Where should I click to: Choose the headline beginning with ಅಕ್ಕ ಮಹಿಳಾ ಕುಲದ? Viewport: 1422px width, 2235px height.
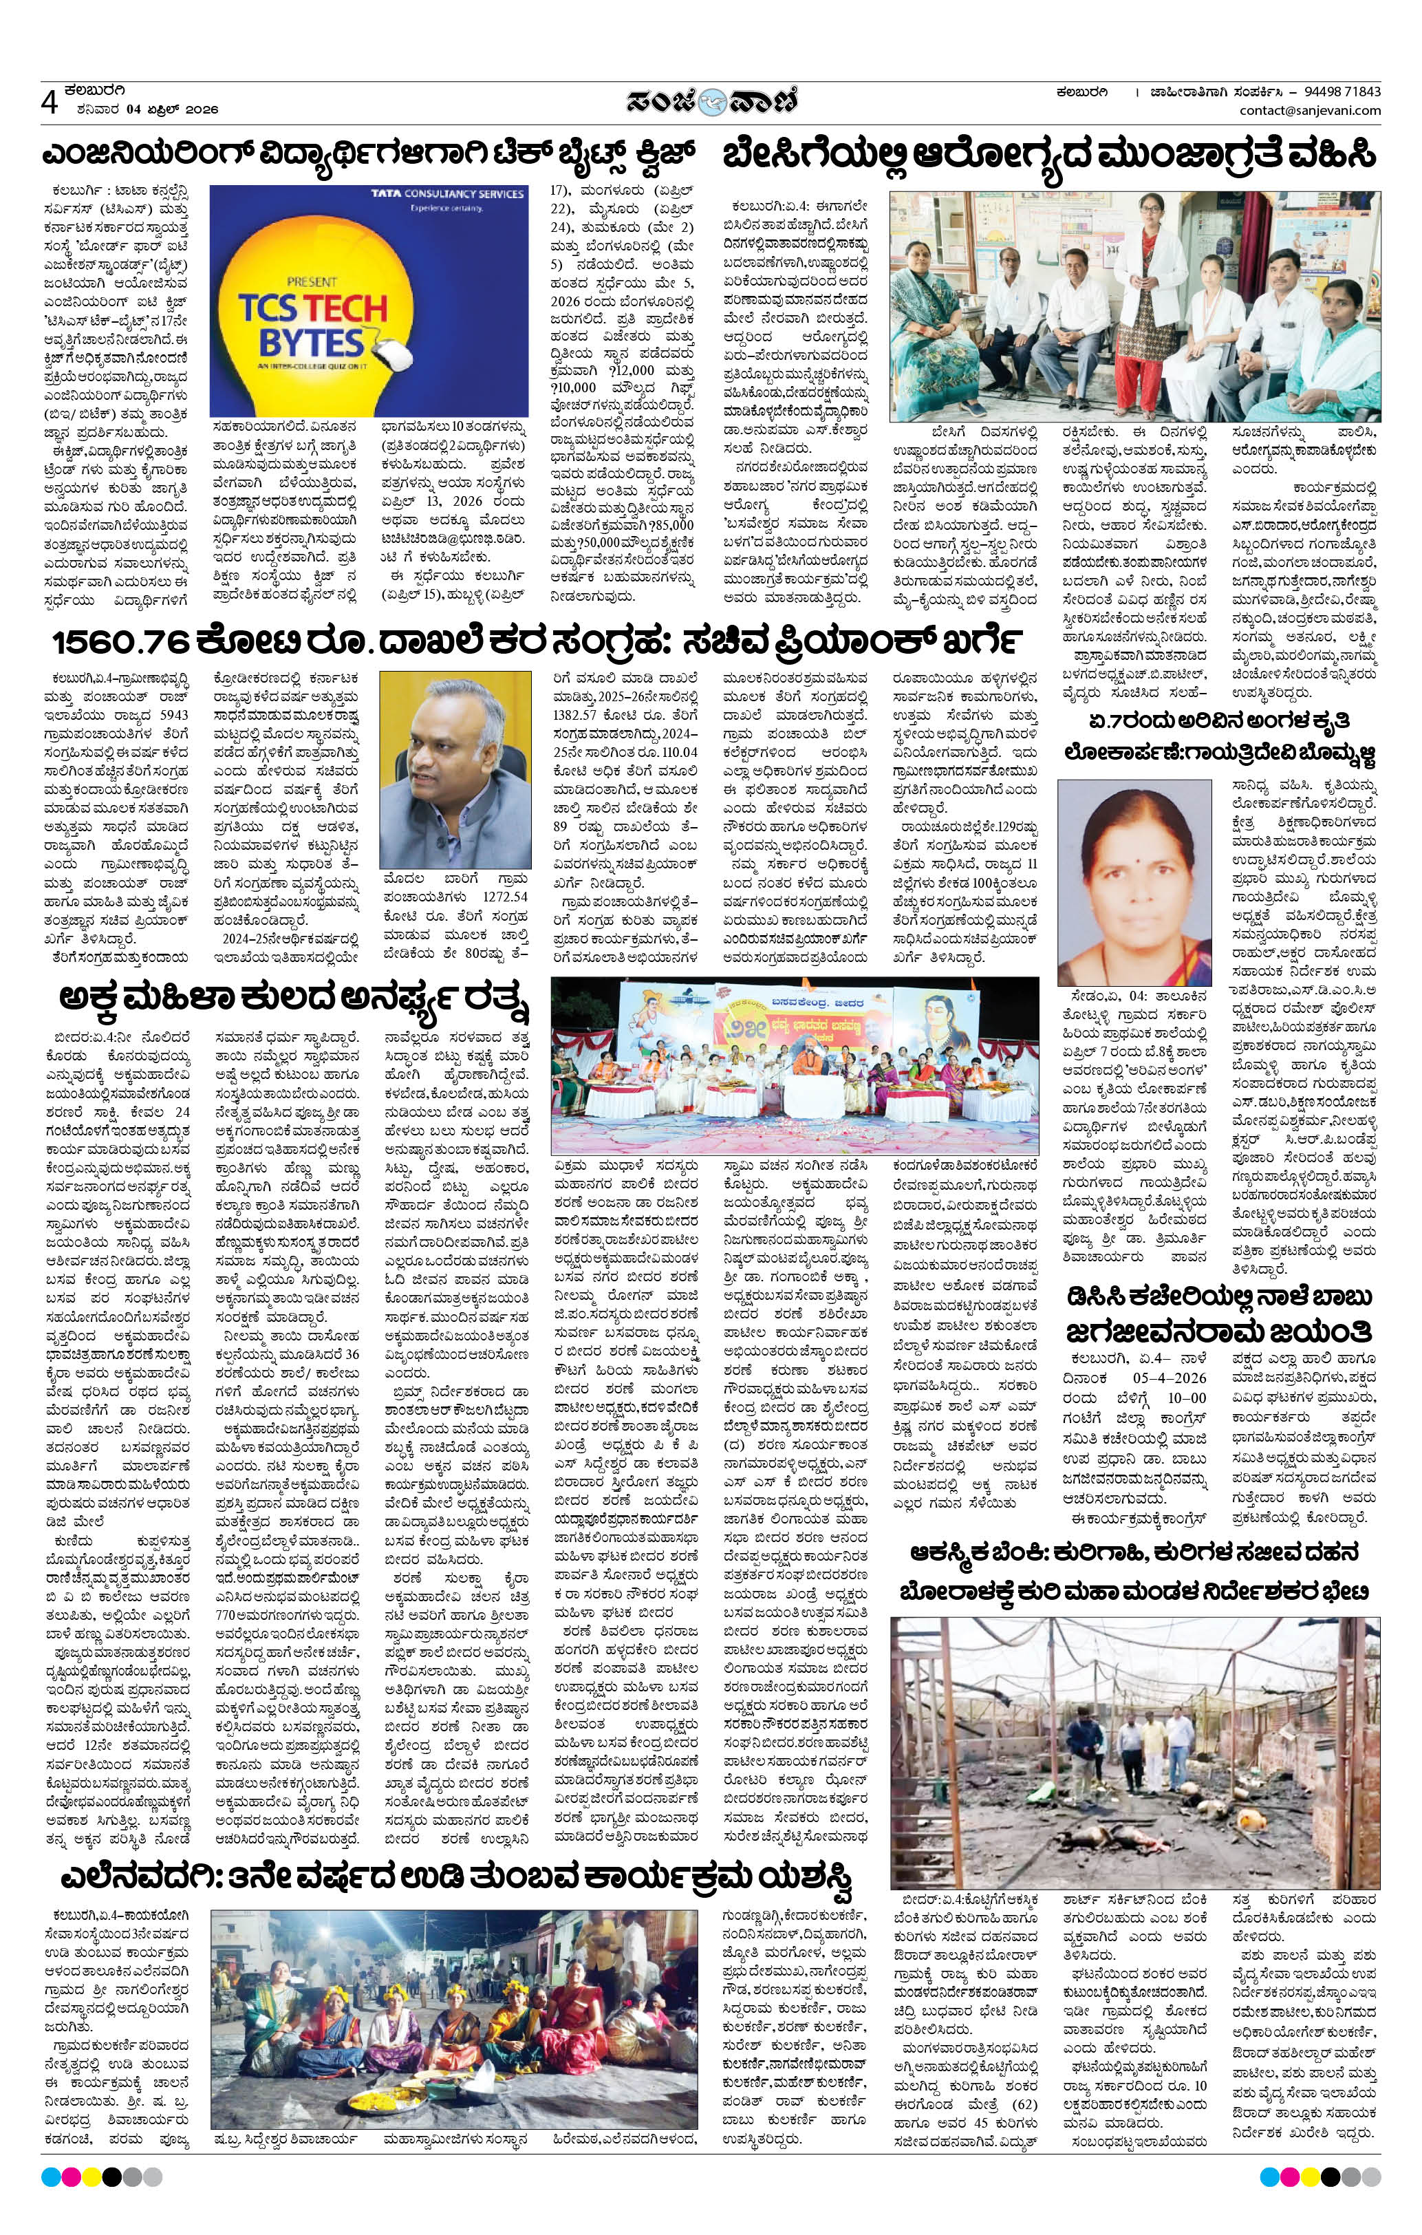pos(292,1001)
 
